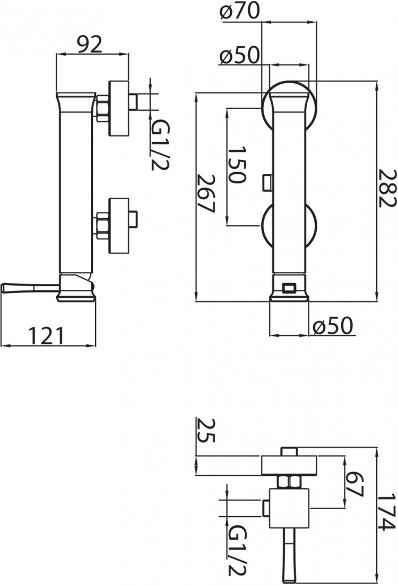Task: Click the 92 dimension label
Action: click(x=89, y=45)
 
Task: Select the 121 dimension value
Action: click(x=47, y=335)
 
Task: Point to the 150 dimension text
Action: click(x=237, y=164)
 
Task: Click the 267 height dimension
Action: click(x=206, y=193)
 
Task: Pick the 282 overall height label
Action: click(x=386, y=188)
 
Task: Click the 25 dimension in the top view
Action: click(x=206, y=430)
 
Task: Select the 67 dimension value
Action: click(x=353, y=484)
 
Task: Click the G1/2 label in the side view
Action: click(x=160, y=146)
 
